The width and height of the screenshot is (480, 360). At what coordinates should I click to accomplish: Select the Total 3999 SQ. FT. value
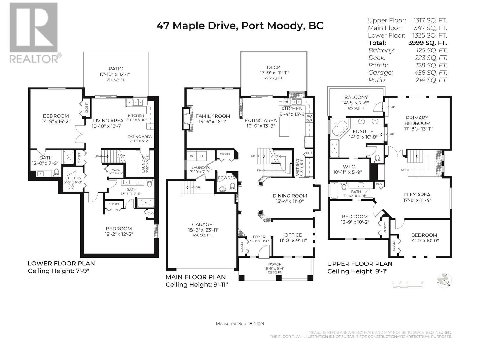427,43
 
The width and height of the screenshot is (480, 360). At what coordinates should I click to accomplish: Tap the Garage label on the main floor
202,224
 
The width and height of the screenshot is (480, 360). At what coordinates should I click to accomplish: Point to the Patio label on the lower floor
116,69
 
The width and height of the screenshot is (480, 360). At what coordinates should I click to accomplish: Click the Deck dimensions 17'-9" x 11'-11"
274,73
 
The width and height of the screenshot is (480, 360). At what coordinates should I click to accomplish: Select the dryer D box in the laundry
202,156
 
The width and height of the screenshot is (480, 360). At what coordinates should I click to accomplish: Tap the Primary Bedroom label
417,120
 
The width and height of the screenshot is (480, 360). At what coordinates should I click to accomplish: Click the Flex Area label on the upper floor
417,195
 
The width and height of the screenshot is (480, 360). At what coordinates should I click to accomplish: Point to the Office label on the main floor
293,235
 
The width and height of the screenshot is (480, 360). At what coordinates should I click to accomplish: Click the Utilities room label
73,178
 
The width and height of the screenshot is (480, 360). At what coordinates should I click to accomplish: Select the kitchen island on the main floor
284,127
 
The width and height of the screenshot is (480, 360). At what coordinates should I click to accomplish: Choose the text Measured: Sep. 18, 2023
240,324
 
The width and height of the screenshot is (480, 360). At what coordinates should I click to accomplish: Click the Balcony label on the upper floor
356,97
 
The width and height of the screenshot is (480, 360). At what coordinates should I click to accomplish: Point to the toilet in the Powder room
232,187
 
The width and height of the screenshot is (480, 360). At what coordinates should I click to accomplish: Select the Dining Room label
290,196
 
